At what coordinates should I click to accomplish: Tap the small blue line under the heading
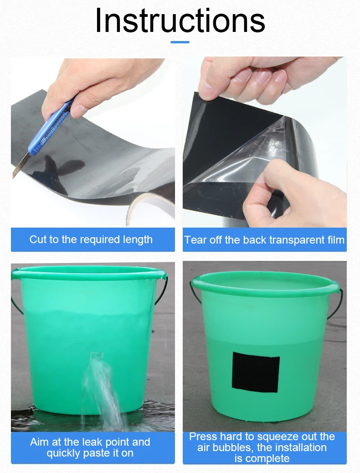tap(180, 42)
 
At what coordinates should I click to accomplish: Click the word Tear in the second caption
tap(195, 240)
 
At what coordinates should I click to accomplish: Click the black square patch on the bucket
tap(255, 372)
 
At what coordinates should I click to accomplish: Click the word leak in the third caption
tap(95, 442)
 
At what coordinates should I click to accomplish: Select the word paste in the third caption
tap(100, 453)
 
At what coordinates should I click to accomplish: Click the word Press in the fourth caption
tap(203, 437)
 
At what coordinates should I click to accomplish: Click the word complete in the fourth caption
tap(262, 458)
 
